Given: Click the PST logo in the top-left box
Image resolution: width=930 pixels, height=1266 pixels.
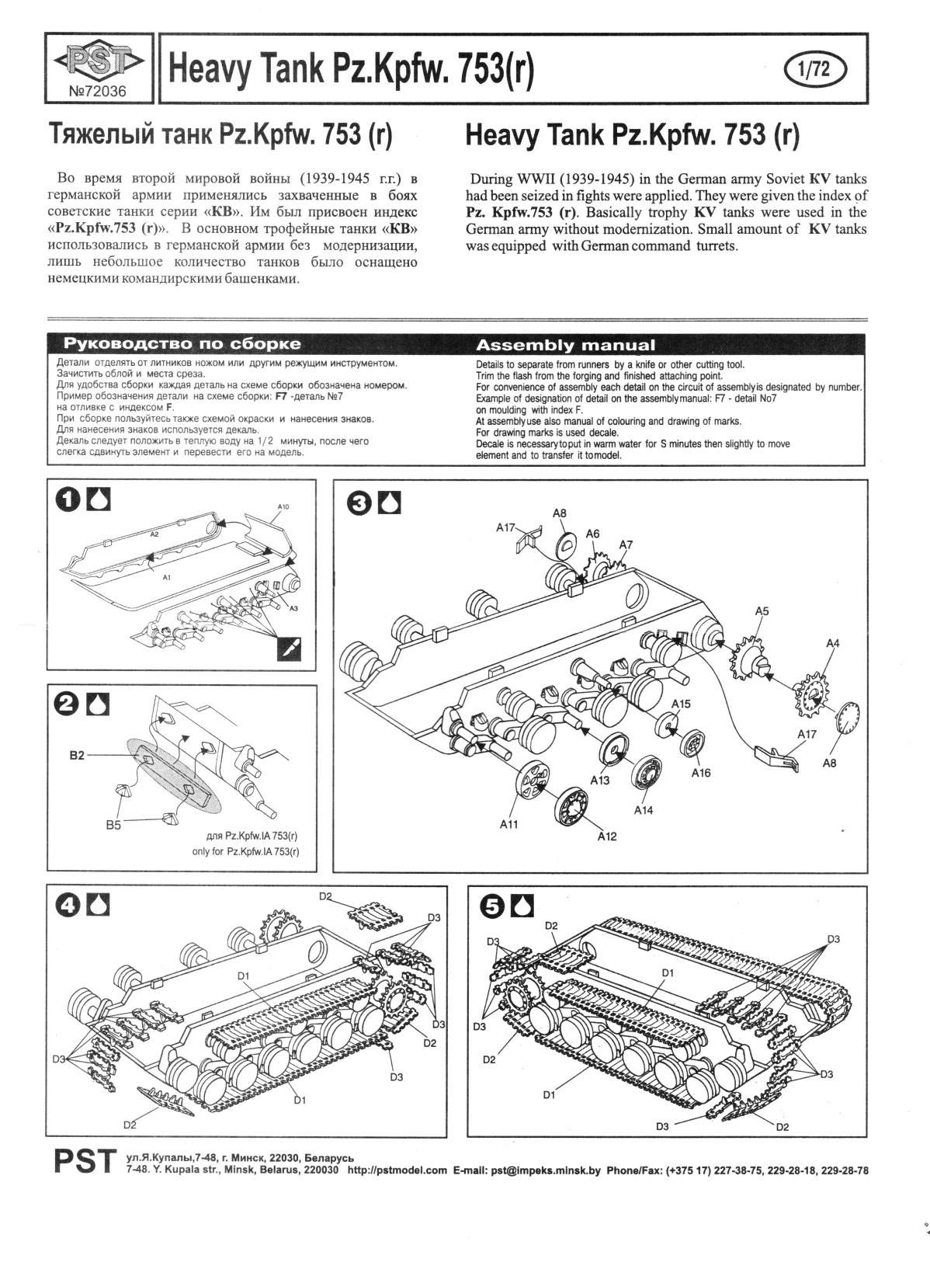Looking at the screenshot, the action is (99, 61).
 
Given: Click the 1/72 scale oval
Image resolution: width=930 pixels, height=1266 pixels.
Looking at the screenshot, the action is (815, 69).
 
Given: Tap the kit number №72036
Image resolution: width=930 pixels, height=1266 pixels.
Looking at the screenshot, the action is (97, 91).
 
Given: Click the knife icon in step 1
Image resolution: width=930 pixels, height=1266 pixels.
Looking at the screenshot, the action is (289, 649).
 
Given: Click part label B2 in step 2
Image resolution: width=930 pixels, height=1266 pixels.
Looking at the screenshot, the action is (77, 755).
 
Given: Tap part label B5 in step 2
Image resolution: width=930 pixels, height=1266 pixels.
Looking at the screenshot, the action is (113, 825).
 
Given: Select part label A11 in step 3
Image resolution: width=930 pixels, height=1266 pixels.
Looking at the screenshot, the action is (508, 825).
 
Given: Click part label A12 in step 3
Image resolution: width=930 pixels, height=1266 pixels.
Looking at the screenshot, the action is (607, 836).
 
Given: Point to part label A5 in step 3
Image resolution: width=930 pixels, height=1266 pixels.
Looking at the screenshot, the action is (762, 611).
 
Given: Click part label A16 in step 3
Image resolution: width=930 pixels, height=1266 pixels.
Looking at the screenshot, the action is (701, 773).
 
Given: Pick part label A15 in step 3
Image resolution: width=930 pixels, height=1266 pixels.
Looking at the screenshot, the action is (681, 704).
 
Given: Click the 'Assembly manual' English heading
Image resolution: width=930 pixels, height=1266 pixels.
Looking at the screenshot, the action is (566, 345).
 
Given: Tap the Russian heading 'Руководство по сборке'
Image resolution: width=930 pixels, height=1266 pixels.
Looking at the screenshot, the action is (182, 343).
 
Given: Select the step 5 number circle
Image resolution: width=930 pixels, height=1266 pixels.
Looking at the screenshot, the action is (491, 906).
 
